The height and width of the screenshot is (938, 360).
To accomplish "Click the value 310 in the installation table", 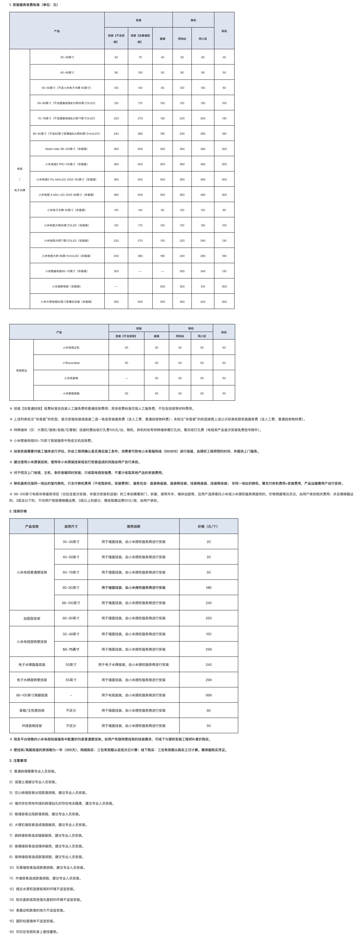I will click(x=203, y=287).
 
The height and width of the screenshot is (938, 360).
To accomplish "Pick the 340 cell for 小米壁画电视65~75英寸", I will click(x=203, y=271).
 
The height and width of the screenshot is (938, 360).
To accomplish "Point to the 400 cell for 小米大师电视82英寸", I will click(x=203, y=302).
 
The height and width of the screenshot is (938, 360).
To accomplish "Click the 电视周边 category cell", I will click(x=22, y=370).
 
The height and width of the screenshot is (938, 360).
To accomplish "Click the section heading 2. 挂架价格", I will click(x=18, y=511).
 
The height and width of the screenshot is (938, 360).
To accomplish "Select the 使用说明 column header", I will click(x=133, y=526).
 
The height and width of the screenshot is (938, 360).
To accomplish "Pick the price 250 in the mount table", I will click(x=209, y=618).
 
